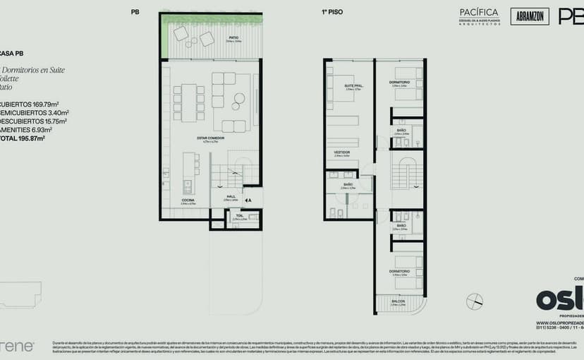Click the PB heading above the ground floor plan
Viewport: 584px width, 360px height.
[x=135, y=12]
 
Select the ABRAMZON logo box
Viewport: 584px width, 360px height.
[x=528, y=17]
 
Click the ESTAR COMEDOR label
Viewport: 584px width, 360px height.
[x=211, y=137]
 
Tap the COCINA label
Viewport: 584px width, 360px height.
[x=188, y=201]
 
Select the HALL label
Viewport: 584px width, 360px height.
[x=231, y=197]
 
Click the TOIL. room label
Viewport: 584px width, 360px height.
[x=240, y=216]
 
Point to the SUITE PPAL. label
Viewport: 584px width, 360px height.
[x=353, y=86]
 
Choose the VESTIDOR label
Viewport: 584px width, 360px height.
[x=342, y=152]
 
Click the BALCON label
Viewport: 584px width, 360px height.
[x=399, y=301]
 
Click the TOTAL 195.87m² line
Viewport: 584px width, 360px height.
[x=22, y=138]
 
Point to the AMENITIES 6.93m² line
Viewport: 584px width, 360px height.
[x=25, y=130]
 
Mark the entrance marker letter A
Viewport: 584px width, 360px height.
[x=249, y=200]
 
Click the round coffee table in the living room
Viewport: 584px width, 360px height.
[x=239, y=99]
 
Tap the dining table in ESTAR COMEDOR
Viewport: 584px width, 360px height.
[x=188, y=102]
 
